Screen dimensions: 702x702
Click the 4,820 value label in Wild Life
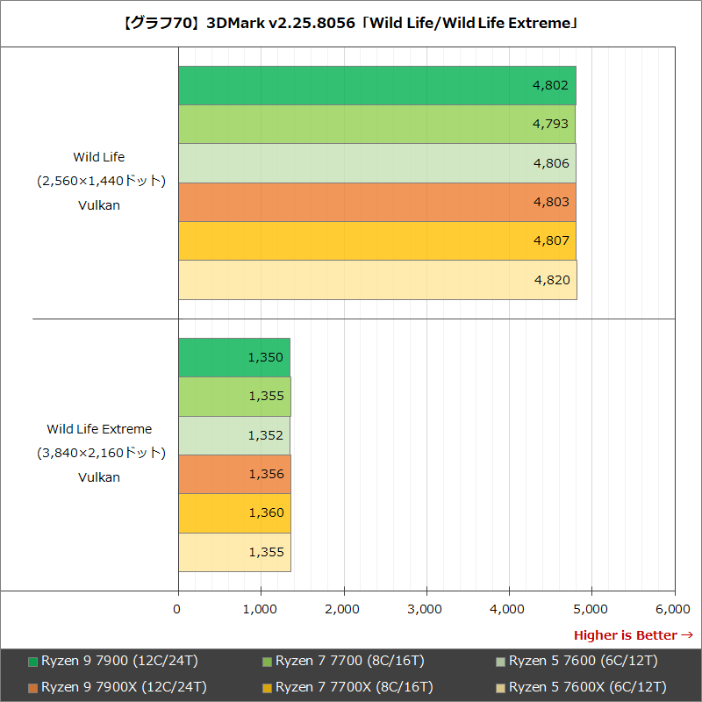tap(551, 280)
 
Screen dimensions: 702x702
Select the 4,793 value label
tap(551, 124)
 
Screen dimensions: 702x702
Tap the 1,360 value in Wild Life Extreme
tap(266, 512)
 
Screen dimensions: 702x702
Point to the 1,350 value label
tap(266, 357)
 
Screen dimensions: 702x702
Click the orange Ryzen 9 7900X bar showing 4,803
tap(376, 202)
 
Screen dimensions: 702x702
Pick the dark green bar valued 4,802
tap(376, 85)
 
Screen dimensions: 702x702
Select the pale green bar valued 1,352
tap(233, 435)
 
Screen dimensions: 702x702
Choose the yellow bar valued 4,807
tap(376, 241)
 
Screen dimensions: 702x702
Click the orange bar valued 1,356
tap(233, 474)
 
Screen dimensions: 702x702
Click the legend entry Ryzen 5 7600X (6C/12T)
tap(586, 686)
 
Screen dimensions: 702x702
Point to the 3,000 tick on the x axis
tap(426, 608)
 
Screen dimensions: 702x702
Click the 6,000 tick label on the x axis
tap(673, 608)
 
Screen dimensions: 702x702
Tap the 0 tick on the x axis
tap(178, 608)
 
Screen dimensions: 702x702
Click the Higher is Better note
tap(633, 634)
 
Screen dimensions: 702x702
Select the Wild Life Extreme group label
tap(99, 429)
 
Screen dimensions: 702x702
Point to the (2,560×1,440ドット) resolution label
tap(99, 181)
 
